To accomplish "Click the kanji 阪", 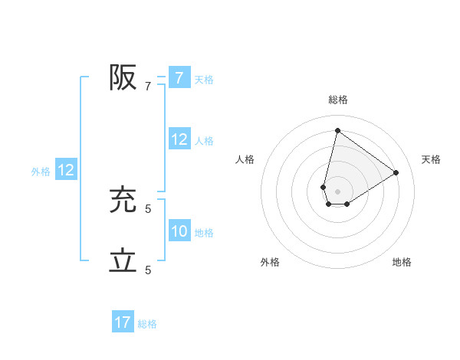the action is (x=123, y=77).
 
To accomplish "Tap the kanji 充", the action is (x=123, y=200).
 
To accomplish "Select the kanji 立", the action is (x=123, y=261).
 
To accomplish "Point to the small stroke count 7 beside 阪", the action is (x=148, y=87).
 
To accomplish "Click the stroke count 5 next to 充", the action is (x=148, y=208).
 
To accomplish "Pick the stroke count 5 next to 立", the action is (x=148, y=270).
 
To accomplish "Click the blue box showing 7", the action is (x=179, y=78).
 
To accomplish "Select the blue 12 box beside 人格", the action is (x=179, y=139).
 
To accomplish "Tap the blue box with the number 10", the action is (x=179, y=231).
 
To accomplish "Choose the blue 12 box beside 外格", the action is (x=65, y=170).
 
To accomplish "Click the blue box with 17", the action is (x=123, y=322).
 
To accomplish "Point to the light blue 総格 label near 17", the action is (x=147, y=324).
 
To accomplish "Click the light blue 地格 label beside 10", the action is (x=204, y=233).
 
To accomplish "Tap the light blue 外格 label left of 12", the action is (x=41, y=172).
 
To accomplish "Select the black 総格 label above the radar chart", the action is (x=338, y=100).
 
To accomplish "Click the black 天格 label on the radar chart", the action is (x=431, y=159).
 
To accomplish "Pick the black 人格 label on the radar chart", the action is (x=245, y=159).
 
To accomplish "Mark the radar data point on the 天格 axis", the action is (x=396, y=172).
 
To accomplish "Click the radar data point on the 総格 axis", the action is (x=337, y=130).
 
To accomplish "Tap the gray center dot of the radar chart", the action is (x=337, y=191).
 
